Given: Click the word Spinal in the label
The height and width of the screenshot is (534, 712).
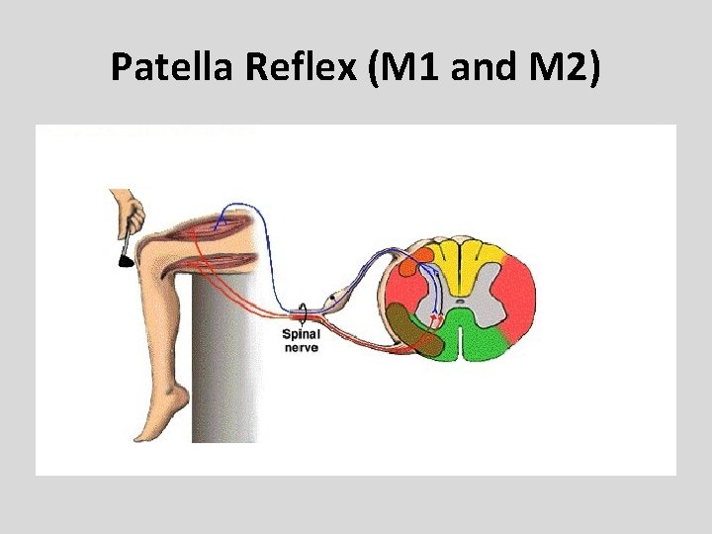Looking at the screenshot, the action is click(301, 335).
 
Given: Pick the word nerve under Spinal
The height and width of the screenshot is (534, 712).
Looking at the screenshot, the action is click(301, 348).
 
